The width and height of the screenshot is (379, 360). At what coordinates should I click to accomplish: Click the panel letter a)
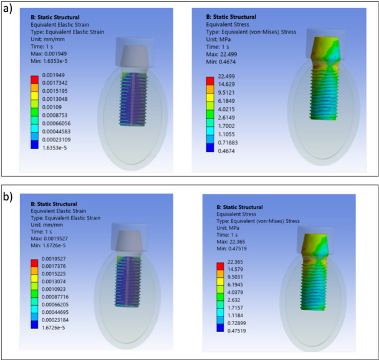tap(7, 9)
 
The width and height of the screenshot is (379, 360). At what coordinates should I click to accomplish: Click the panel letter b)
tap(7, 197)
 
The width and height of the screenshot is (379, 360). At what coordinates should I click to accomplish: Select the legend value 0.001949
tap(54, 75)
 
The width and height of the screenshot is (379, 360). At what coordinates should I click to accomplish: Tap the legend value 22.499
tap(226, 77)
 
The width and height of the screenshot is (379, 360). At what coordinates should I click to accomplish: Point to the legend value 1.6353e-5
tap(54, 148)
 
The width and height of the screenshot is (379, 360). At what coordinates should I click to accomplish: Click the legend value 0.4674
tap(226, 151)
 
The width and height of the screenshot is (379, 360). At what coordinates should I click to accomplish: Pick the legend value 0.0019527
tap(54, 258)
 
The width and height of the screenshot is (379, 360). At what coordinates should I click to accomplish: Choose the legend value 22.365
tap(235, 262)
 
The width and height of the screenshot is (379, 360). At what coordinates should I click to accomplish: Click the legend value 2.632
tap(234, 300)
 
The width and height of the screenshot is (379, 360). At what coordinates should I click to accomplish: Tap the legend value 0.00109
tap(52, 107)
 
